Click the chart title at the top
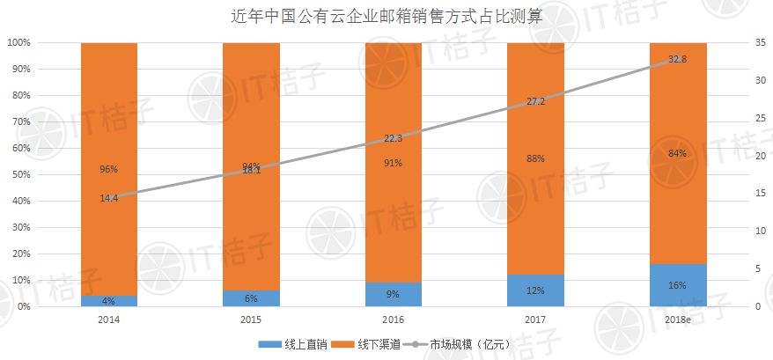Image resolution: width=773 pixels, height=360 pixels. [x=386, y=15]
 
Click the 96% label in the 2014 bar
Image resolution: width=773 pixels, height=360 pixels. [x=109, y=169]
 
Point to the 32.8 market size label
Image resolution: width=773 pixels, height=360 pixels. [x=677, y=59]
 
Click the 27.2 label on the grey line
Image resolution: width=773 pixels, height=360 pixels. [x=535, y=101]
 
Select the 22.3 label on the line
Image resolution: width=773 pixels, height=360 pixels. [x=394, y=138]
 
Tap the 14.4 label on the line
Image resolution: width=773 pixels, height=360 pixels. [x=109, y=198]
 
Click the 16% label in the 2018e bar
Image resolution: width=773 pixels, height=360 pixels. [x=677, y=285]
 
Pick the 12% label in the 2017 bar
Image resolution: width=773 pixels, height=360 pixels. [x=535, y=290]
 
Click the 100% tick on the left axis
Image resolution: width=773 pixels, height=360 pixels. [x=18, y=42]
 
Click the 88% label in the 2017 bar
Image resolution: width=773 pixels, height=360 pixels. [x=535, y=158]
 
